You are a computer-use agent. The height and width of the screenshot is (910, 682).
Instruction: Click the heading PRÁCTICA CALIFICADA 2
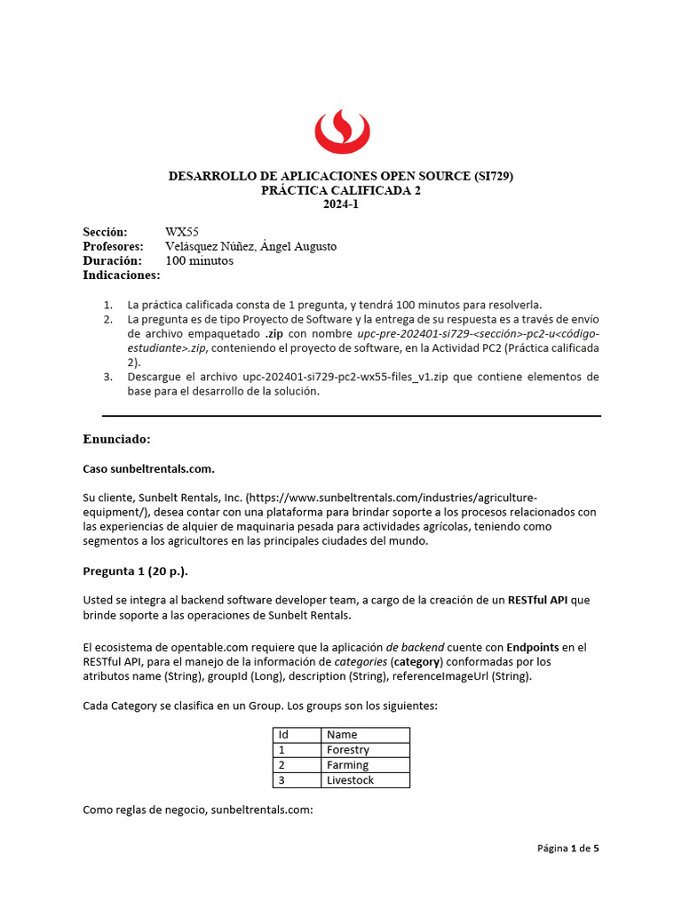click(341, 190)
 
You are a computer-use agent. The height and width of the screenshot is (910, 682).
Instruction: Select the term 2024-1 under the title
click(341, 204)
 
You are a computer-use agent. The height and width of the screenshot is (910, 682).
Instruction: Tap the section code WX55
click(182, 232)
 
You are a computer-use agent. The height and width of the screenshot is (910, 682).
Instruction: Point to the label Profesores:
click(113, 246)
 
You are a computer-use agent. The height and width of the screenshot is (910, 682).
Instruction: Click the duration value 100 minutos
click(199, 260)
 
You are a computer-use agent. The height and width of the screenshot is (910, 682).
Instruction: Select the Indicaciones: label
click(122, 275)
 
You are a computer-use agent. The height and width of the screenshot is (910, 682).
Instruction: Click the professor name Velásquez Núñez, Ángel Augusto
click(250, 246)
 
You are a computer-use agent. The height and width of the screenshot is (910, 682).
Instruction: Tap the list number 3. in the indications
click(107, 377)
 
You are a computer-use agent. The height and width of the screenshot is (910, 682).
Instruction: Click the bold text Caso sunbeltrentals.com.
click(148, 468)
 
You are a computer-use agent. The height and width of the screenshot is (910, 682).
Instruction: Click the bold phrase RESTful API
click(537, 600)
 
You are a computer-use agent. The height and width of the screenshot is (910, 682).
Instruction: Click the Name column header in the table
click(342, 735)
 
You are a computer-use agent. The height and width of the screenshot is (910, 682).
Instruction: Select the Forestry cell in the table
click(347, 750)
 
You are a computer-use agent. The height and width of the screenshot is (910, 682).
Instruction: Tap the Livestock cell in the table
click(350, 780)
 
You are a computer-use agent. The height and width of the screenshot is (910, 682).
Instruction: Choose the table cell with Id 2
click(282, 765)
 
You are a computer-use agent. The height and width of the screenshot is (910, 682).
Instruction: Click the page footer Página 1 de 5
click(568, 849)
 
